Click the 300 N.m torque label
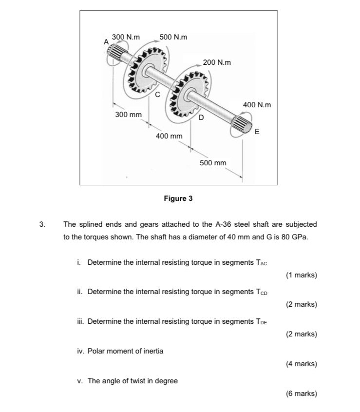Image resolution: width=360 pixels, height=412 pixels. point(126,37)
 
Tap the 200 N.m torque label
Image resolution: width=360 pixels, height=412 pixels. point(217,62)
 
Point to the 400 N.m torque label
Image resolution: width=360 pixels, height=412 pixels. point(257,105)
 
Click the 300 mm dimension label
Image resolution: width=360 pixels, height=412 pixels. point(128,114)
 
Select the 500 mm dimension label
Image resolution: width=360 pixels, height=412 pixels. point(213,162)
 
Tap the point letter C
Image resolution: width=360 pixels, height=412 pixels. point(157,96)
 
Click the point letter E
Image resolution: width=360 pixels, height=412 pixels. point(257,132)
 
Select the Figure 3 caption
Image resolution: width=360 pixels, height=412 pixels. point(178,198)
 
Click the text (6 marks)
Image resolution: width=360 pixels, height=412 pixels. point(302,393)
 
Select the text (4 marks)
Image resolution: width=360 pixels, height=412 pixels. point(302,364)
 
